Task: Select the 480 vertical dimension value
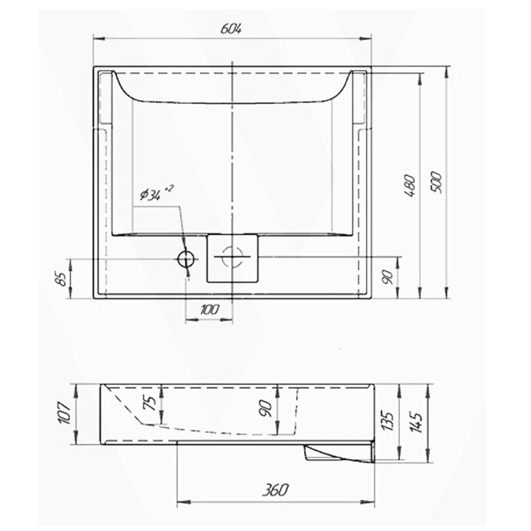pos(409,186)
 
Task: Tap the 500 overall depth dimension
pos(437,183)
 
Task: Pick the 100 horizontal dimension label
pos(210,309)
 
